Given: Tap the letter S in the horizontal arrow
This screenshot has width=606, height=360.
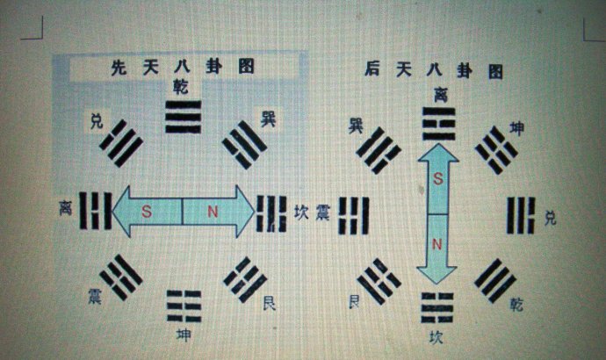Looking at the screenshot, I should coord(147,212).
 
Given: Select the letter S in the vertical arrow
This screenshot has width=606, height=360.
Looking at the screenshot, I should coord(438,178).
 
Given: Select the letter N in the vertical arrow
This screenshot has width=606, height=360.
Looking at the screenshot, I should coord(438,241).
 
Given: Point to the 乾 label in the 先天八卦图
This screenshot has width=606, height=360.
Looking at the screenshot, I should coord(181,86).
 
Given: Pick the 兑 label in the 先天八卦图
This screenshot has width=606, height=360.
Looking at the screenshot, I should coord(97,120).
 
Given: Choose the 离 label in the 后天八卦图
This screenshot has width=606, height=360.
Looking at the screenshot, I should coord(440,92).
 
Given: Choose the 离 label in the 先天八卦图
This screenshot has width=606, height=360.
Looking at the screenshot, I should coord(65,210).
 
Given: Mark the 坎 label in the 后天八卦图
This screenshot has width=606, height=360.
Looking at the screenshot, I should coord(436,335).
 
